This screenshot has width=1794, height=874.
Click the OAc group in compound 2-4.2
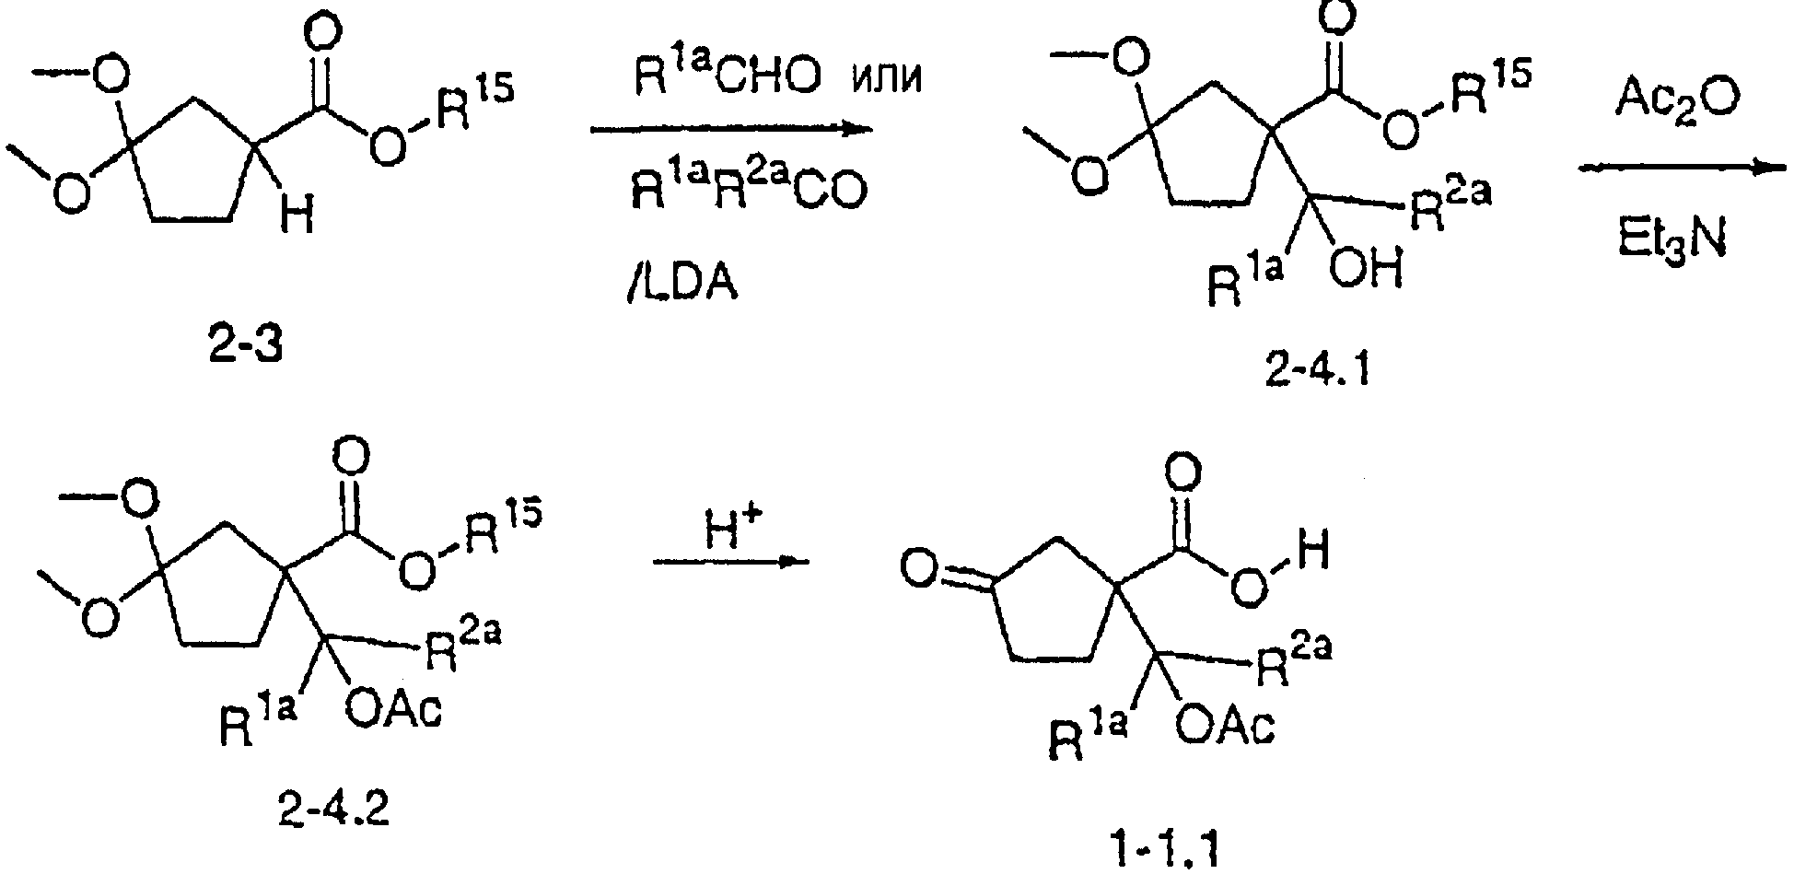[x=393, y=709]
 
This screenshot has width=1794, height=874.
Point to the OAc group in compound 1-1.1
[x=1224, y=727]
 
